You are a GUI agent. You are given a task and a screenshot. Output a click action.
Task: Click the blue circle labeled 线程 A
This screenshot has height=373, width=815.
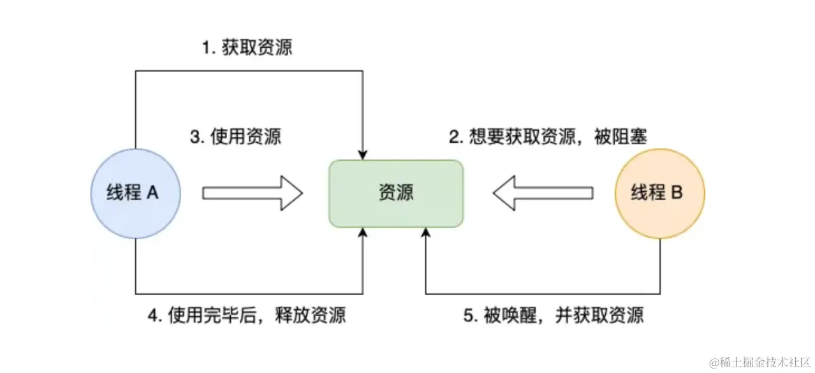coord(135,193)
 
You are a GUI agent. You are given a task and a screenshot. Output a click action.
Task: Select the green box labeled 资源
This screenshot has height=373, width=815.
coord(396,193)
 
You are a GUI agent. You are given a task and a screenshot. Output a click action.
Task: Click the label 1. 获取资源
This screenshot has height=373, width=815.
coord(247,48)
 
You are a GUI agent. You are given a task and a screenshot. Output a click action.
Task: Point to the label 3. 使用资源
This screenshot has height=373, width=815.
coord(236,138)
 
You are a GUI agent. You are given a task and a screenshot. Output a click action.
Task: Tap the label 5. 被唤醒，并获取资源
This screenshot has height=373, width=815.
coord(554,315)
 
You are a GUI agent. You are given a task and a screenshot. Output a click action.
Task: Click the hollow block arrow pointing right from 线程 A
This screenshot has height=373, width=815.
coord(252,193)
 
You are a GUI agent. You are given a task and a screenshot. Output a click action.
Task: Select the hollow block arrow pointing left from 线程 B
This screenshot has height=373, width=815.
coord(543,193)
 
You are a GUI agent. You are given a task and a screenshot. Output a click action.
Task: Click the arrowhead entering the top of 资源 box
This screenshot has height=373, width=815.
coord(363,154)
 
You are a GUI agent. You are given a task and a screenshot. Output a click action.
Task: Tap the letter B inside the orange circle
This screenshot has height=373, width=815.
coord(677,193)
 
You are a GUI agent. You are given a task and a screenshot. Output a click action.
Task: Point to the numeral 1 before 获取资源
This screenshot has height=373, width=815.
coord(206,48)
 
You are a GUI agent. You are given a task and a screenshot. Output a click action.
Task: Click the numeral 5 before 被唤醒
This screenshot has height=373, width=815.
coord(467,316)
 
